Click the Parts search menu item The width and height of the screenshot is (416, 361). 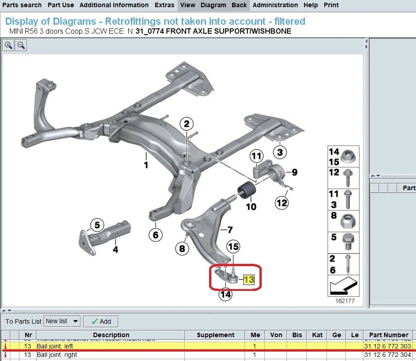point(22,5)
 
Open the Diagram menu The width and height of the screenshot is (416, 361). point(213,5)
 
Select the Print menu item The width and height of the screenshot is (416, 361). point(331,5)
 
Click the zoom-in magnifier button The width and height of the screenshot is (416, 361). point(9,45)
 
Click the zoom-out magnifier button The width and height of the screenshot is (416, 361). point(21,45)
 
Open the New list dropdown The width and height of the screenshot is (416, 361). point(62,321)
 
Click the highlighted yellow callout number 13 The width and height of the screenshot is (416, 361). point(249,280)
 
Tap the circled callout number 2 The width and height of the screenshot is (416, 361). point(187,124)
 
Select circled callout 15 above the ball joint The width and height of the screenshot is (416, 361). point(233,246)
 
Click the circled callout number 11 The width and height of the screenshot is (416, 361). point(256,156)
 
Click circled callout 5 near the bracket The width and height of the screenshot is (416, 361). point(97,224)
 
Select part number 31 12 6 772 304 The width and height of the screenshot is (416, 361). point(387,355)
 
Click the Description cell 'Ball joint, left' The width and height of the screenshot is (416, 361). point(55,346)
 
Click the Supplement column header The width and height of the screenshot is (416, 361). point(215,335)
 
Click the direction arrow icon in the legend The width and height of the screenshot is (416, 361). point(344,286)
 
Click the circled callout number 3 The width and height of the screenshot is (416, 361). point(280,152)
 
